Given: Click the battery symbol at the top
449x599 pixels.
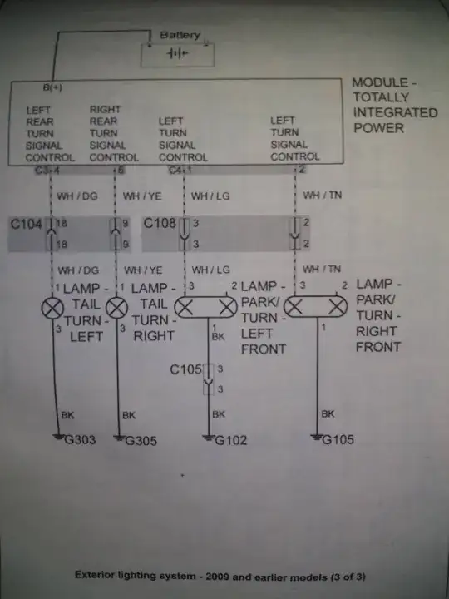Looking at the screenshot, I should pos(176,53).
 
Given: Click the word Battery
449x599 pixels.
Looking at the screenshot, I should pos(180,35).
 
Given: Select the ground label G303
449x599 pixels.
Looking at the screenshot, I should pos(81,440).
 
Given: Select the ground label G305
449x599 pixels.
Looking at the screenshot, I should pos(141,440).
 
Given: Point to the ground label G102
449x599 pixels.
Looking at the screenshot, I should pos(230,440).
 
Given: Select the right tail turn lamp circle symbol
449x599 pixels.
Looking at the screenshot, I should pos(118,309).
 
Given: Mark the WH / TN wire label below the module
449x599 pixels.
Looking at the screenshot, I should pos(323,196).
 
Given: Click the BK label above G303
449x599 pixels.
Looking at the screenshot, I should pos(67,413).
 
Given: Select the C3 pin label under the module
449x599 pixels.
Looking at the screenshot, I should pos(41,171).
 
